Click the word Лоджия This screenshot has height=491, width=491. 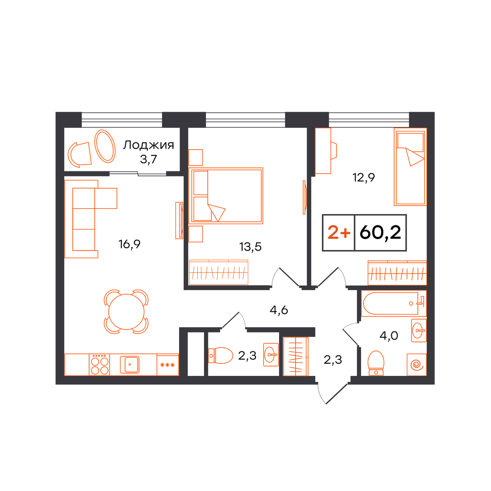148,145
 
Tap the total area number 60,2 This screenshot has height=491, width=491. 380,233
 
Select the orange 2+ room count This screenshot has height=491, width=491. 339,233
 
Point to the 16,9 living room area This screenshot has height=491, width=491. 129,244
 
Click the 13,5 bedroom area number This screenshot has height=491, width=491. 251,247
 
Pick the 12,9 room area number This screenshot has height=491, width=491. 364,178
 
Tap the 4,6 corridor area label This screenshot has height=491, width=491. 279,311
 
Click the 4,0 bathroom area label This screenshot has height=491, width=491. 389,336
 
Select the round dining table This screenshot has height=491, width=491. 126,312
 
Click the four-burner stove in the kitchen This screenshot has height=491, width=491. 99,365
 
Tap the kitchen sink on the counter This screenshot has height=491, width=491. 130,365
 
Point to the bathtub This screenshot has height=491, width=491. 394,303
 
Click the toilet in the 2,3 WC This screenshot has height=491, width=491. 221,356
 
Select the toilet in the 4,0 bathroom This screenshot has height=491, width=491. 376,363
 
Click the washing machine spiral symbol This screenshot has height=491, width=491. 417,365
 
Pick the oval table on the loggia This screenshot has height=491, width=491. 105,146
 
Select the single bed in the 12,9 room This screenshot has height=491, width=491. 410,167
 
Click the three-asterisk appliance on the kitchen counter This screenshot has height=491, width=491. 167,365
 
